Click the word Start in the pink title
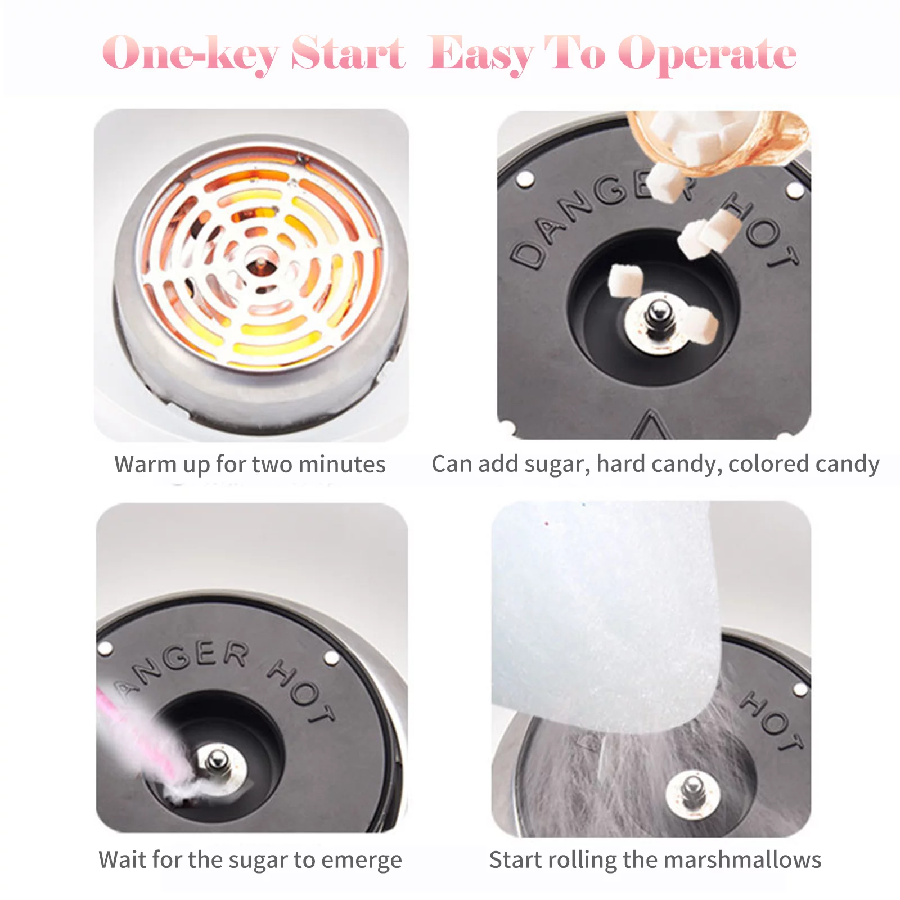[x=348, y=53]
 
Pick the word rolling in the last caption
[x=582, y=860]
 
